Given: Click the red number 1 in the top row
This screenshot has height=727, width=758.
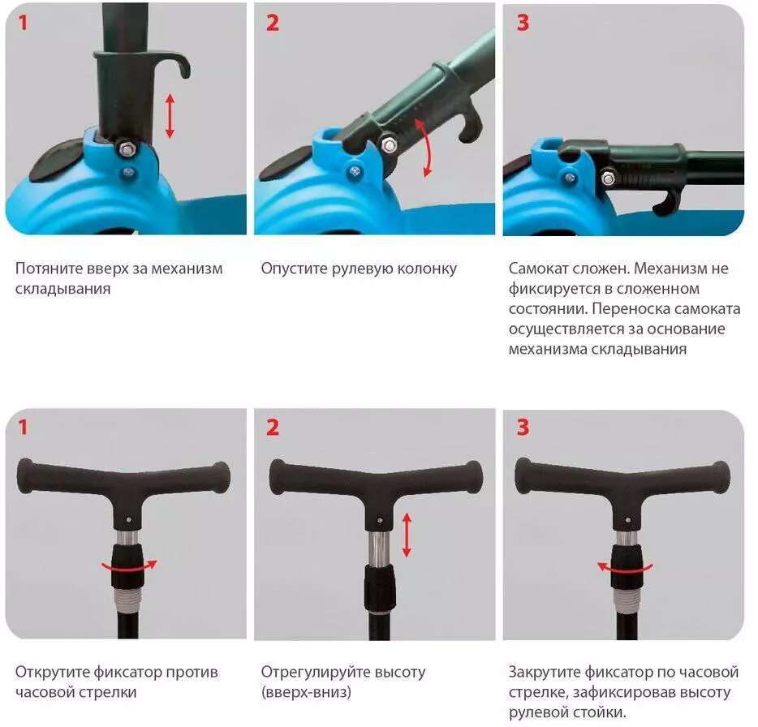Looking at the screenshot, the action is [22, 22].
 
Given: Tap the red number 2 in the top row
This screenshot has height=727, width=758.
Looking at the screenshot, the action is [273, 23].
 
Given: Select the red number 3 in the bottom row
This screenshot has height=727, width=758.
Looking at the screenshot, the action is [523, 428].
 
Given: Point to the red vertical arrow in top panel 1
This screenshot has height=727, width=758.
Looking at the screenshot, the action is [170, 116].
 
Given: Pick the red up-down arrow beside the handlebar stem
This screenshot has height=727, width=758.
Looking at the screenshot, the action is [407, 535].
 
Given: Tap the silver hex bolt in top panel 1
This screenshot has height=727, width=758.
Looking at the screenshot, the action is [127, 148].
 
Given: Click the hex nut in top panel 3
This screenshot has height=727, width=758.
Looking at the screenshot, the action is [608, 179].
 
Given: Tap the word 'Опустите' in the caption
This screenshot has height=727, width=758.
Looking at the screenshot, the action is [294, 269].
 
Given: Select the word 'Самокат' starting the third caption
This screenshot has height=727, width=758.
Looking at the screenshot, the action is [537, 269].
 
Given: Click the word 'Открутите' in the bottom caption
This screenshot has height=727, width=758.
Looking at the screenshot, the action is [52, 673].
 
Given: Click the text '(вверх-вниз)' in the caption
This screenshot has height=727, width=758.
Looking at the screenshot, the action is [306, 692].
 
